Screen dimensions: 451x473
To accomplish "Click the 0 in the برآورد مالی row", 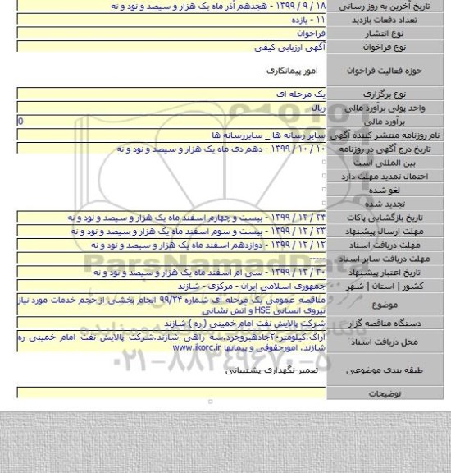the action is click(x=7, y=122).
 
